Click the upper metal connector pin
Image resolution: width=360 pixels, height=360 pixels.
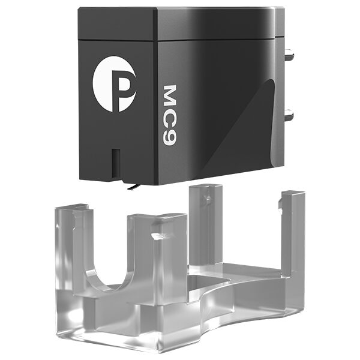click(x=289, y=55)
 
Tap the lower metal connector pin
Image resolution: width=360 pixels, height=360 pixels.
click(x=289, y=115)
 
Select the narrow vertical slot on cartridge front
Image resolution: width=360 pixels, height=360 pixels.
click(x=116, y=163)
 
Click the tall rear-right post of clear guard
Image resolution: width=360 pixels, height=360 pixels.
click(x=293, y=234)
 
